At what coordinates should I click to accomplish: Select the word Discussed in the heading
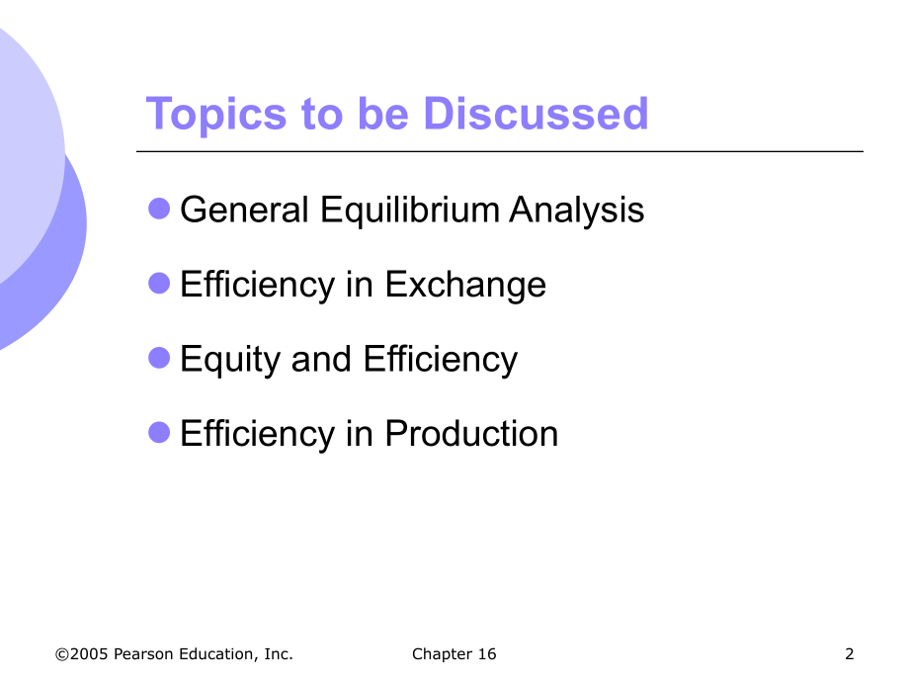[x=536, y=115]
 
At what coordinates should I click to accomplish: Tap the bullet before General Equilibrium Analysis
[x=159, y=209]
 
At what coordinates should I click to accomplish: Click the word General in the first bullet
[x=241, y=210]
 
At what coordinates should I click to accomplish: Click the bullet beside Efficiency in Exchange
[x=159, y=284]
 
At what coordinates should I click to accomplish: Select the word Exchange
[x=464, y=285]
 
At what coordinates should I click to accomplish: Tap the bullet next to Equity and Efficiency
[x=159, y=358]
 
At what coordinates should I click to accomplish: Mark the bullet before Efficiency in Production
[x=159, y=432]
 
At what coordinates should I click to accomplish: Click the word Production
[x=471, y=433]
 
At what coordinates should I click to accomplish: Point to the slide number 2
[x=850, y=653]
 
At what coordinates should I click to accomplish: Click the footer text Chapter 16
[x=454, y=653]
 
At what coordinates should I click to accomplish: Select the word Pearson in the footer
[x=142, y=653]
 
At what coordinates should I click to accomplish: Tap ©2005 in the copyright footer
[x=82, y=653]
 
